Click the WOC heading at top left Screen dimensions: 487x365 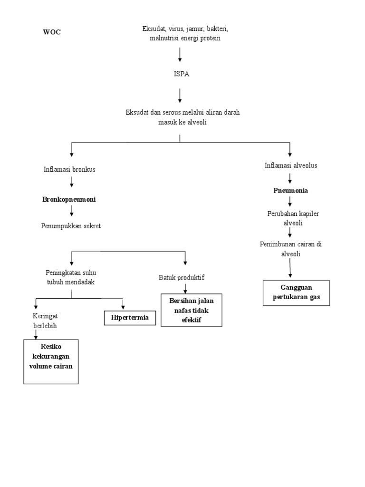point(52,32)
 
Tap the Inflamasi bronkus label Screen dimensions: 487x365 point(69,169)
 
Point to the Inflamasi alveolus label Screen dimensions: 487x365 point(290,166)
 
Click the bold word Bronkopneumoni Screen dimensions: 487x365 point(69,199)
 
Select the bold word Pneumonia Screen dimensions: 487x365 point(290,190)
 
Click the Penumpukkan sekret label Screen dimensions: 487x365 point(71,225)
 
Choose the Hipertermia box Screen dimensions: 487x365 point(130,317)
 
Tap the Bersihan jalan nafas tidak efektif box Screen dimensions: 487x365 point(192,310)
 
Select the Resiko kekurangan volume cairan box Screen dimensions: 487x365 point(51,361)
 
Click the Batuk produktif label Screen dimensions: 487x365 point(182,277)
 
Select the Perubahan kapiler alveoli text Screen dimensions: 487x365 point(293,218)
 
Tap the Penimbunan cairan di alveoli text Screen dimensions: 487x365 point(290,249)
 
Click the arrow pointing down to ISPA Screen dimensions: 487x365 point(180,55)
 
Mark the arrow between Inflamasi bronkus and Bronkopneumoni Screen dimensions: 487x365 point(72,182)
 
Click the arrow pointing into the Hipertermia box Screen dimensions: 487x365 point(123,304)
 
